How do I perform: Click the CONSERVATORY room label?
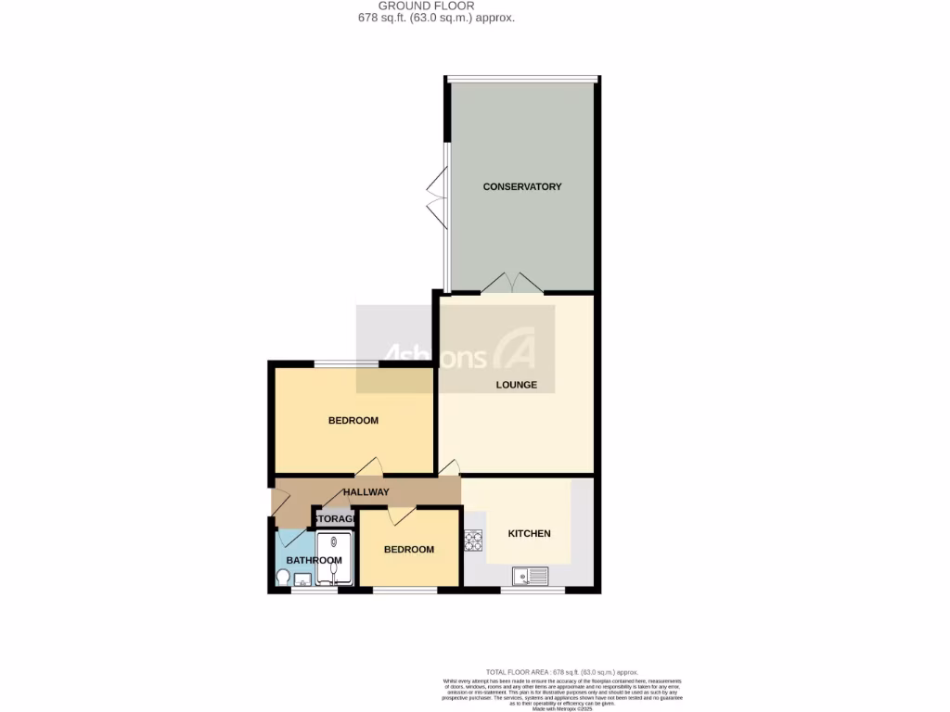[x=522, y=186]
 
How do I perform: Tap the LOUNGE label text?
[x=516, y=385]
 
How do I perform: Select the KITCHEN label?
[x=530, y=533]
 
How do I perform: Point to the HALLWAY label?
[x=366, y=491]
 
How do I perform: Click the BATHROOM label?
[x=314, y=560]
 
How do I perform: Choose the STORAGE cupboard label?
[x=335, y=518]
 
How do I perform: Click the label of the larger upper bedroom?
[x=353, y=420]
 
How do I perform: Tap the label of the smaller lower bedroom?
[x=409, y=549]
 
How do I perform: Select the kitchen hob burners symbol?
[x=472, y=540]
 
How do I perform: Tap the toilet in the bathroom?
[x=283, y=577]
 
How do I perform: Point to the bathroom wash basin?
[x=302, y=580]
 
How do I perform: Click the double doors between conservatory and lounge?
[x=512, y=283]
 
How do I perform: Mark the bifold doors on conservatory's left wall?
[x=436, y=201]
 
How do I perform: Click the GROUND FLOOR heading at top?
[x=435, y=6]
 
